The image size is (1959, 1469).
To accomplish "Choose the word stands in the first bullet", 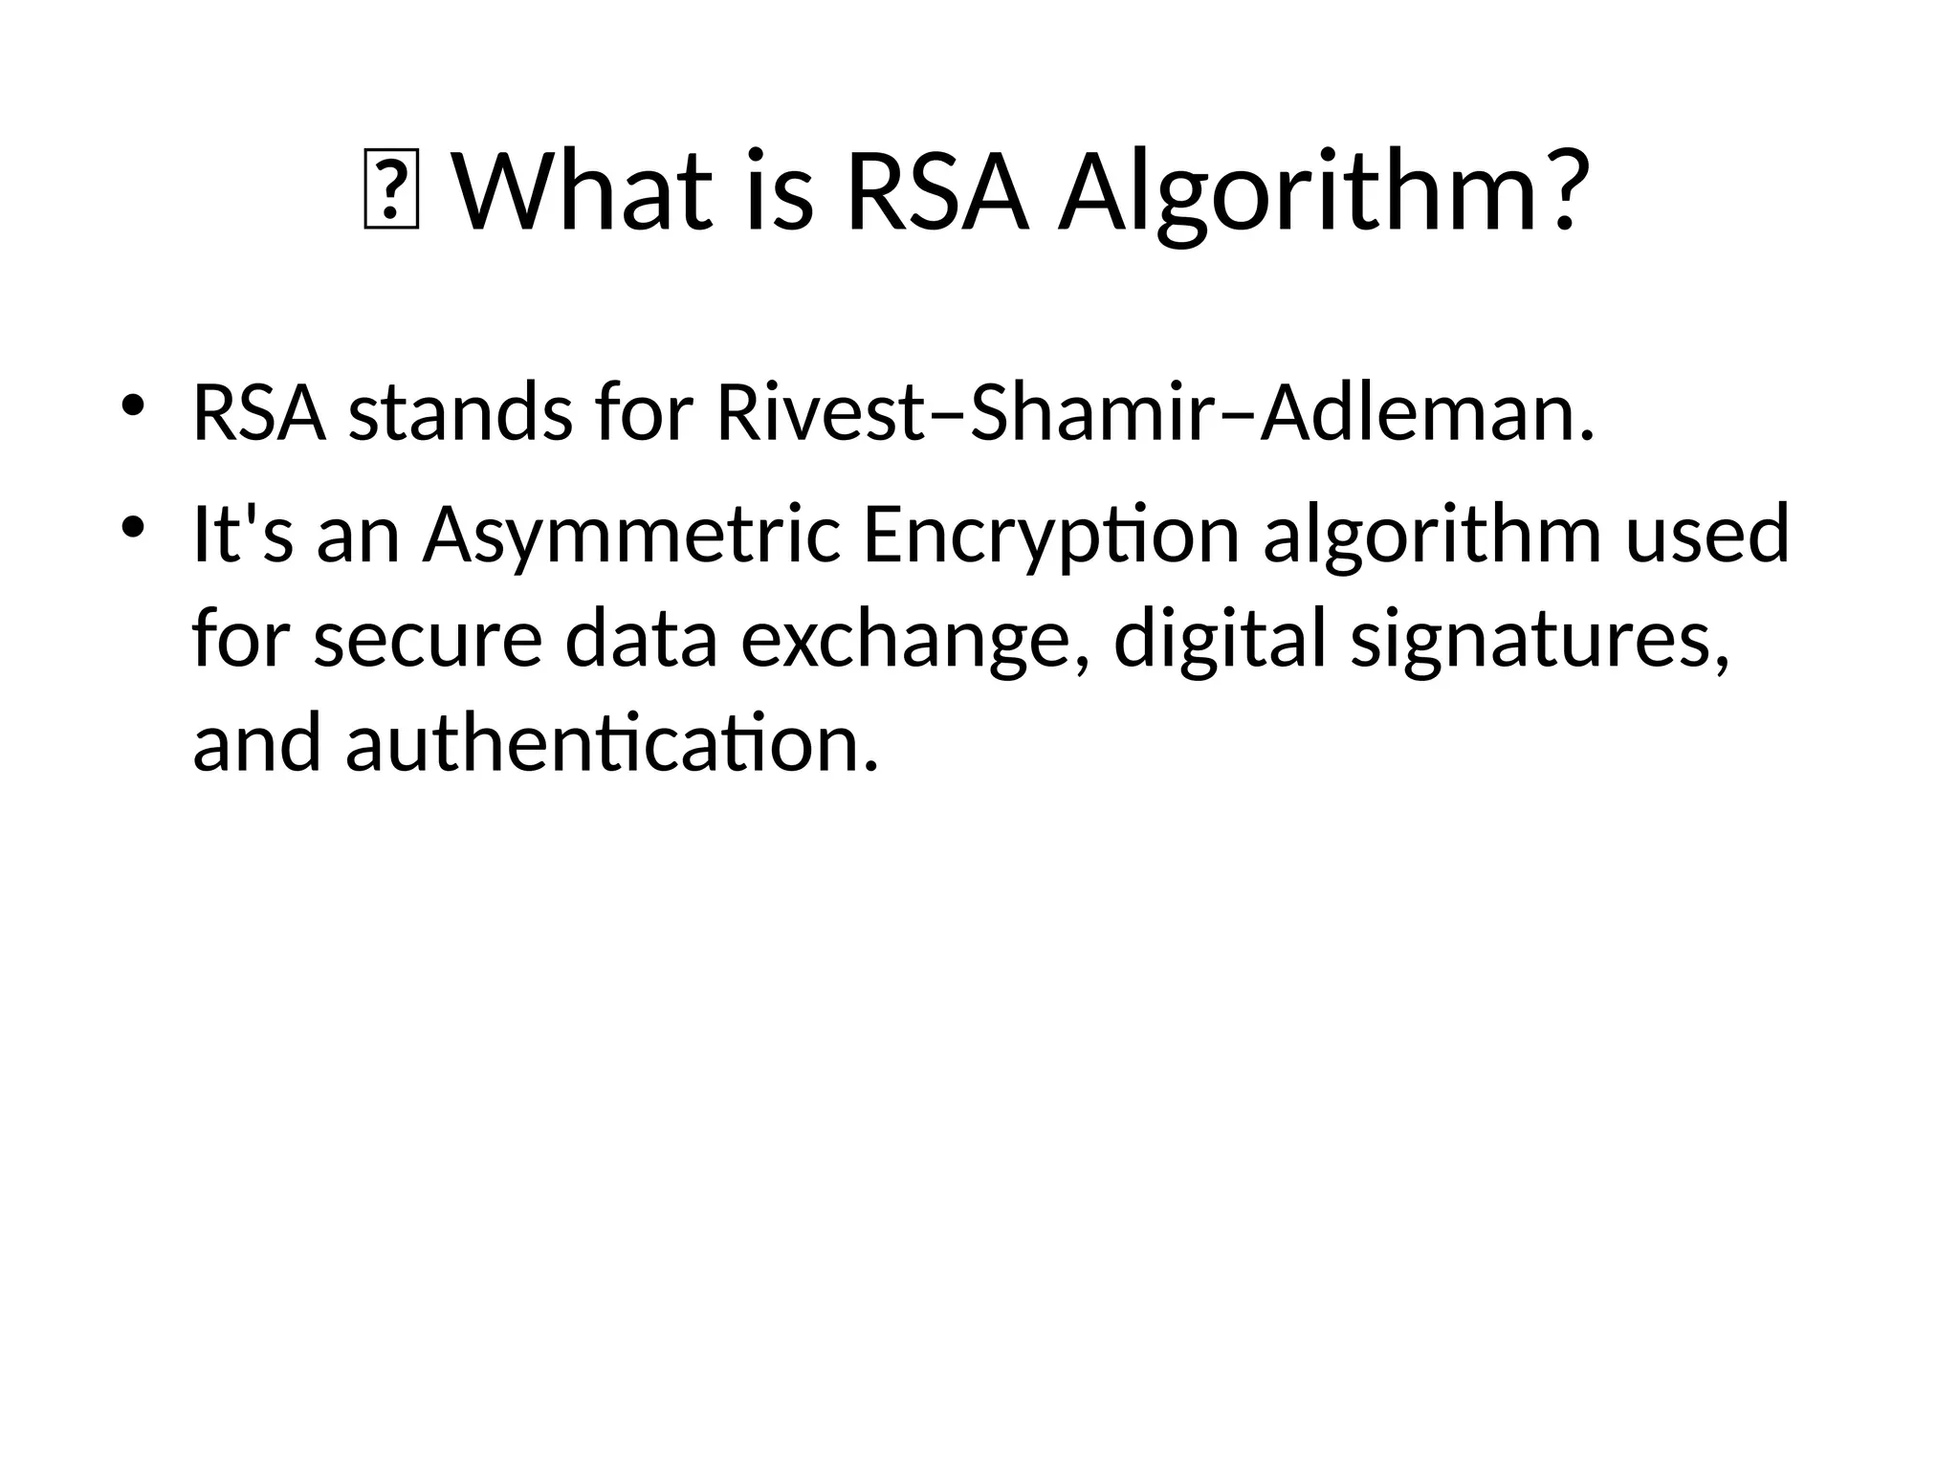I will (460, 413).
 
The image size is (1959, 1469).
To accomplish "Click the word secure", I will (428, 641).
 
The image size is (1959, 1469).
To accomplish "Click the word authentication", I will (611, 745).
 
